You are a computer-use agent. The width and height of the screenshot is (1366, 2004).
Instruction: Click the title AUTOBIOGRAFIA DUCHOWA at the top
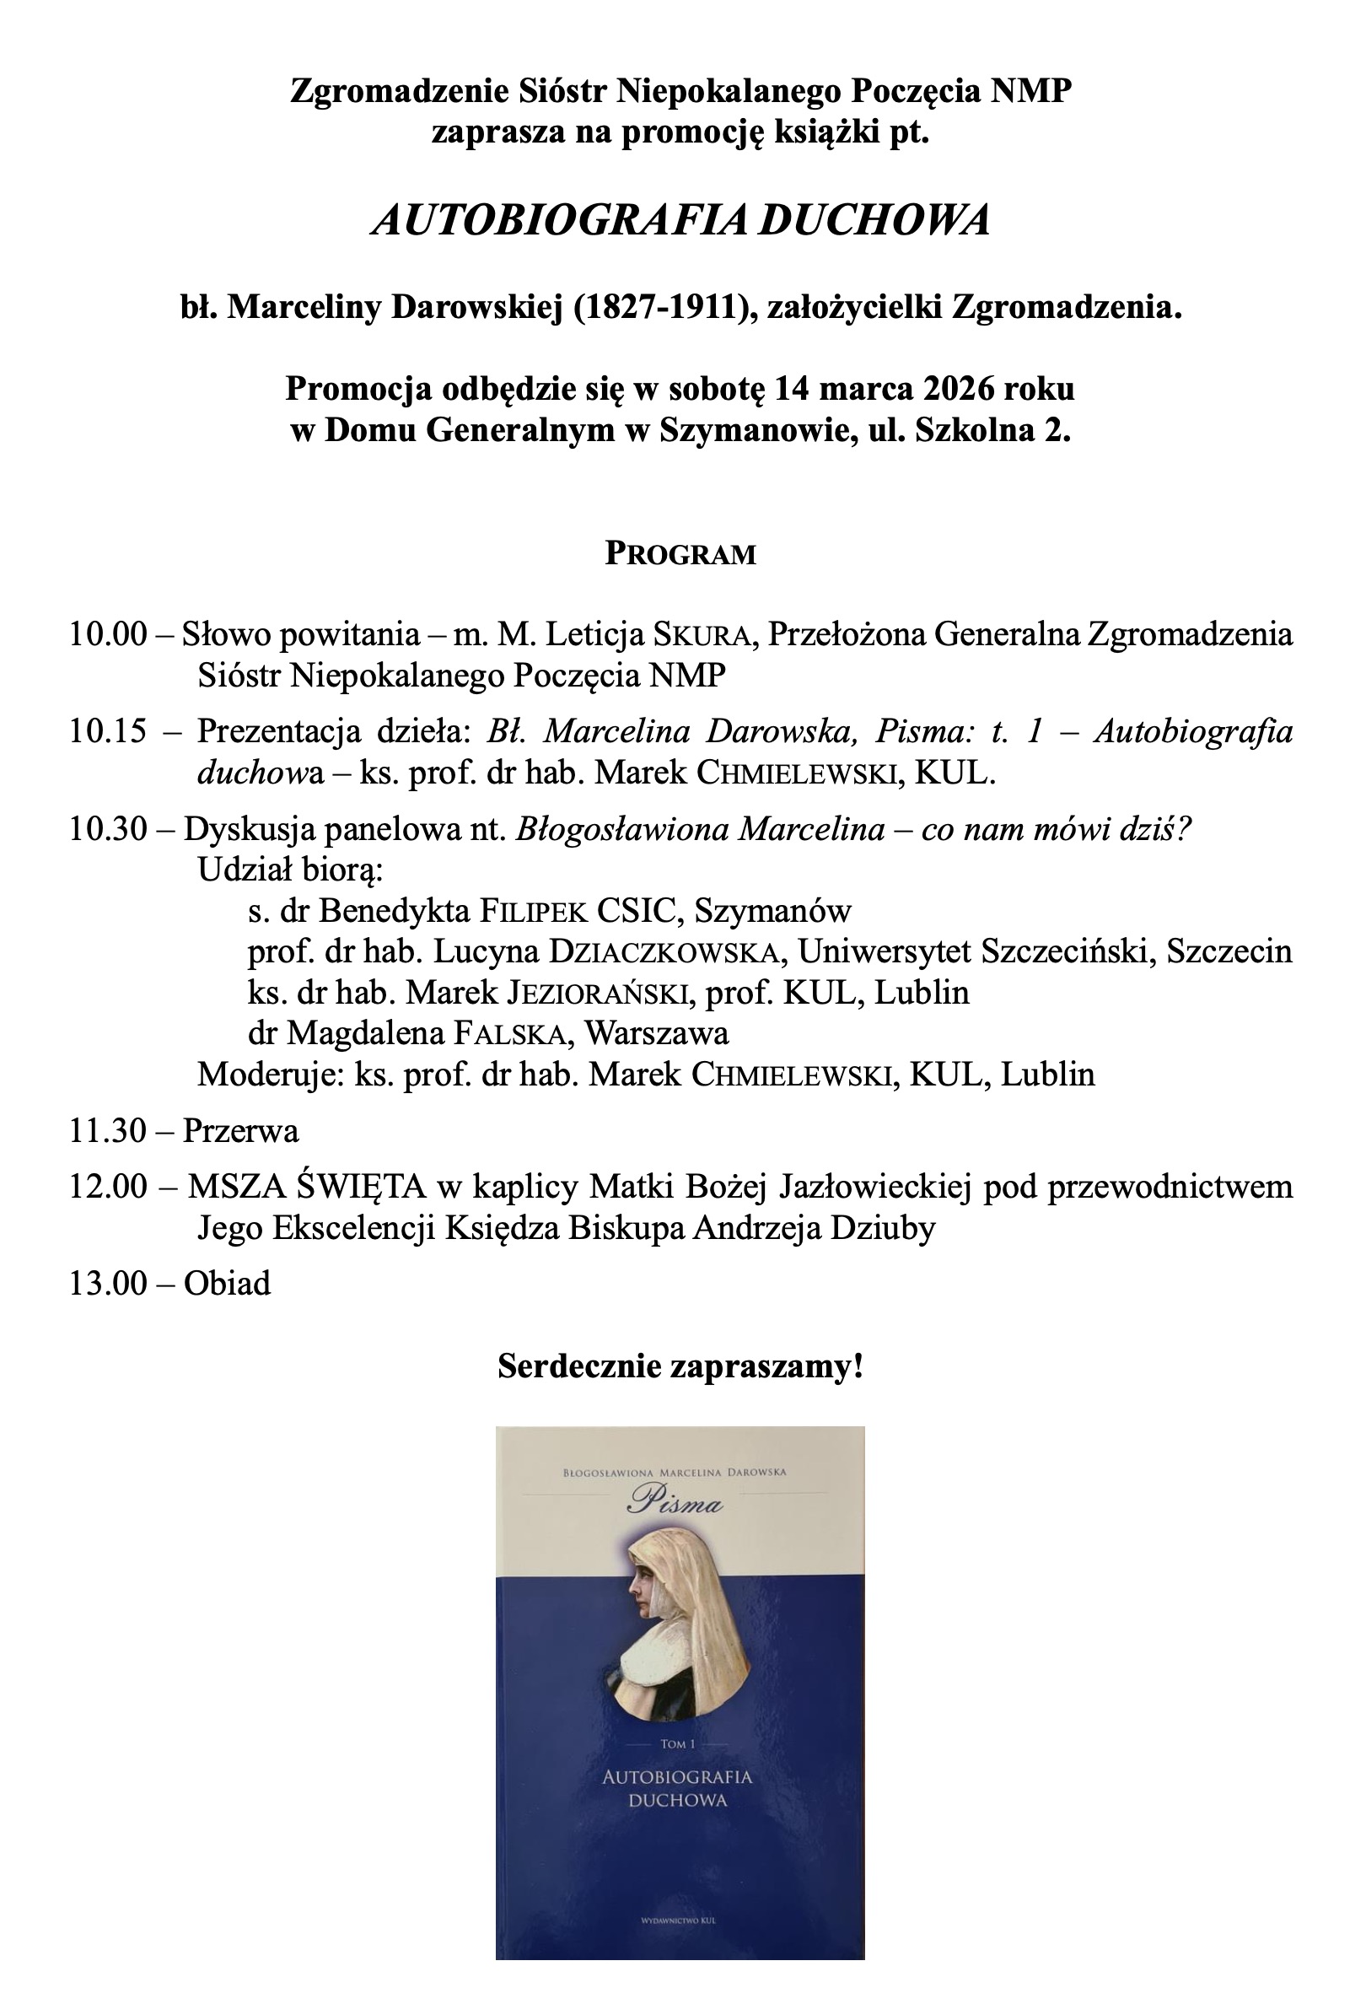pos(680,221)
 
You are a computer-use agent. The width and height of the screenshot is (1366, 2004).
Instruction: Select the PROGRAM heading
pos(680,553)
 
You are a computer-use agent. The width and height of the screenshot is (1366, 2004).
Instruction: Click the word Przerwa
pos(240,1130)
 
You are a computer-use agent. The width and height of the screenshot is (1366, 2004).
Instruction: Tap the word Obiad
pos(227,1283)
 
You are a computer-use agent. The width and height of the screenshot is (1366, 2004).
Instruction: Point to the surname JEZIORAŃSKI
pos(601,994)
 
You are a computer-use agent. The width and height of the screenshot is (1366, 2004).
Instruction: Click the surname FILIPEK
pos(534,912)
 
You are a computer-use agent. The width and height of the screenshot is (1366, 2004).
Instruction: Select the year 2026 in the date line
pos(958,389)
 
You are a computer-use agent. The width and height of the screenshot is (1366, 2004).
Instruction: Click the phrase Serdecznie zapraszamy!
pos(680,1366)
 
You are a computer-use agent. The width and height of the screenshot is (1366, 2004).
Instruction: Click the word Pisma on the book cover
pos(675,1504)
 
